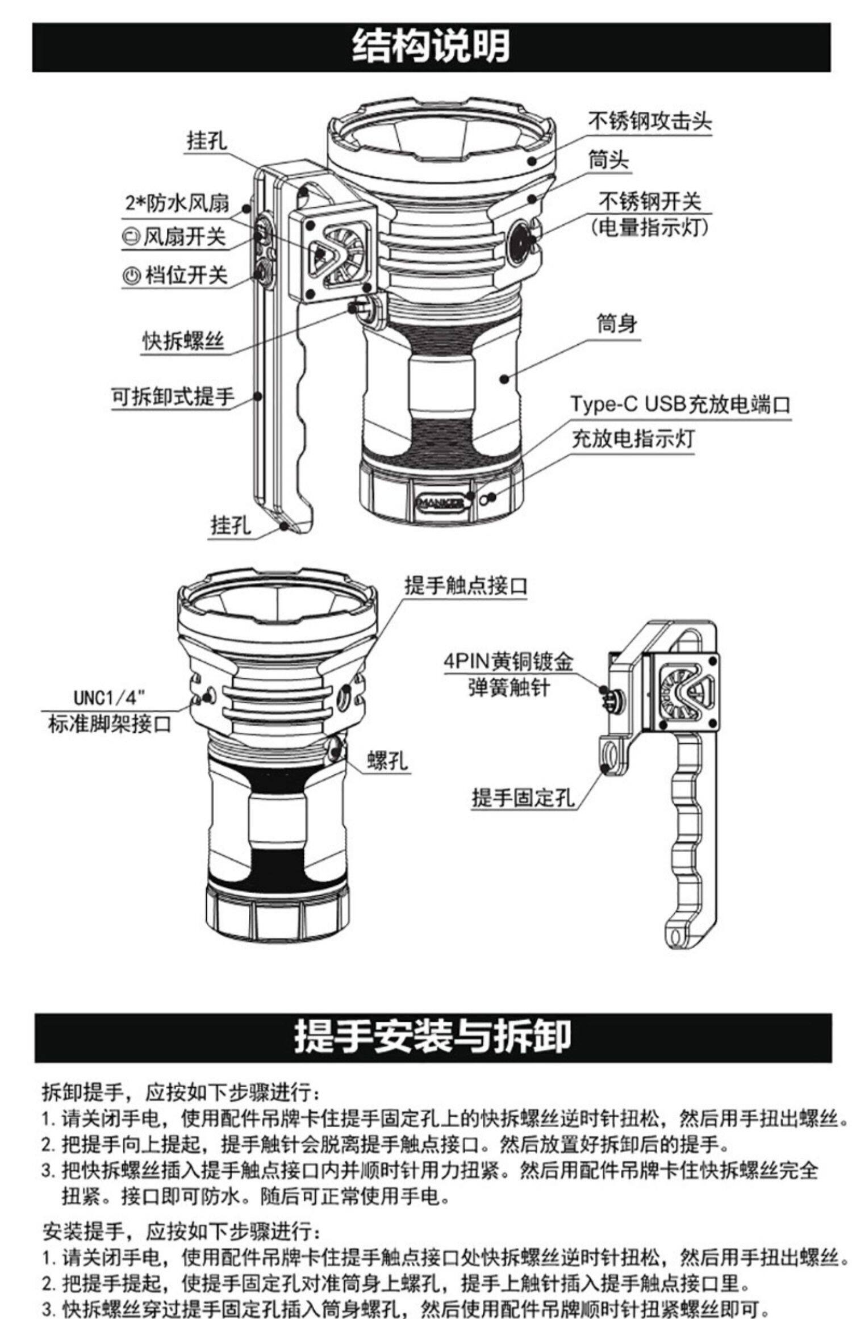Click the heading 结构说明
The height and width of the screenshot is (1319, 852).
(431, 47)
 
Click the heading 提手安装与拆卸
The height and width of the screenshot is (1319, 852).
(432, 1036)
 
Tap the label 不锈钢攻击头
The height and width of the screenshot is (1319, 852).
(649, 121)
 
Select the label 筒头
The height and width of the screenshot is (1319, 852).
(608, 160)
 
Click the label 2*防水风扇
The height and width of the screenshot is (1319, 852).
(177, 203)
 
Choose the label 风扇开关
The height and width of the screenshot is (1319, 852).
(175, 237)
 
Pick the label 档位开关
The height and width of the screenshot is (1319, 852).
(176, 276)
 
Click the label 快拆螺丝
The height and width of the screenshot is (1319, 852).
(183, 341)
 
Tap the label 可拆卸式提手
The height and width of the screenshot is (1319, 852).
(172, 396)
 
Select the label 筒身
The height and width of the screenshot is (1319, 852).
(616, 324)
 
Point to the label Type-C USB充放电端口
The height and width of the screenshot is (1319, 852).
(680, 404)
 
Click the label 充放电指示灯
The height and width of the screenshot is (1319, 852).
(633, 439)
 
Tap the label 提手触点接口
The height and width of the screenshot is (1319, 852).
(466, 585)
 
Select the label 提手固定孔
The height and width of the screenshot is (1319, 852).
(523, 798)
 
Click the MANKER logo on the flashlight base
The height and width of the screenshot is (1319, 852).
(440, 502)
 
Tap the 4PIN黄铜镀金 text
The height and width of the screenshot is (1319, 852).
(508, 662)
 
